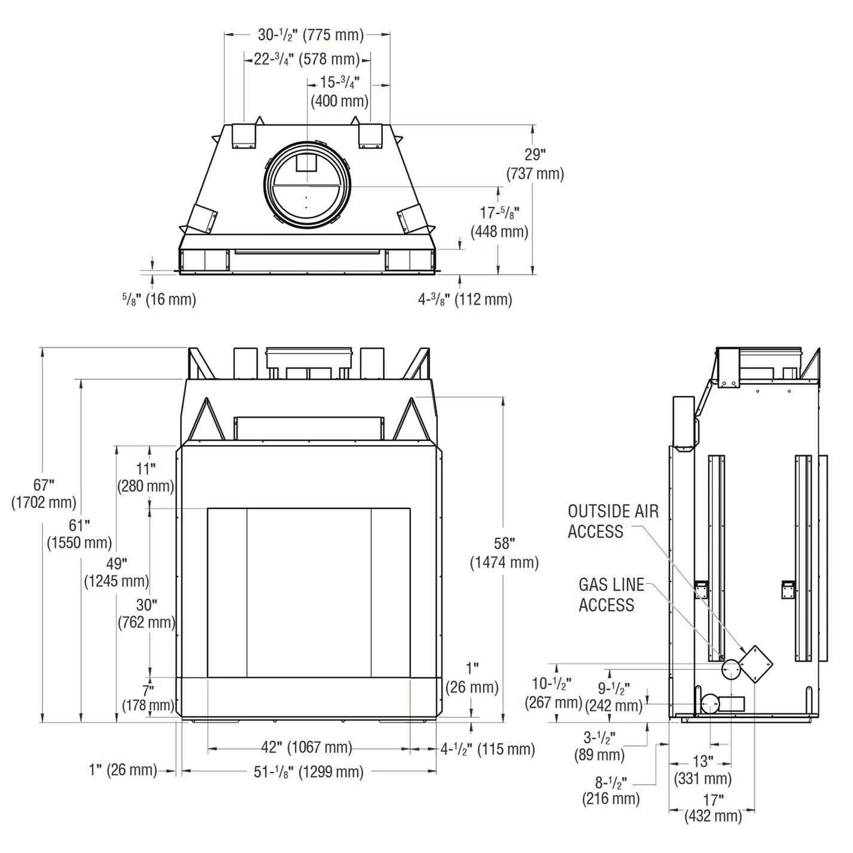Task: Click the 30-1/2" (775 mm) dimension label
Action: point(310,35)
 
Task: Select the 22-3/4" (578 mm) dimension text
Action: point(307,59)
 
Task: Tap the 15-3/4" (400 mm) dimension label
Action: point(339,91)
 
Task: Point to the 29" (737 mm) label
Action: point(535,164)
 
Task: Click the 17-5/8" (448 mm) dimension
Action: point(499,222)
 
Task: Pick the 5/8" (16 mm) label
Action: point(159,299)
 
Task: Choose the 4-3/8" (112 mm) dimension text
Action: point(465,299)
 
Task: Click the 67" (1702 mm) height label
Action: point(43,493)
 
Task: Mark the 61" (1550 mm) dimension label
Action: point(79,534)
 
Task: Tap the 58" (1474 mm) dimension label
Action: point(504,553)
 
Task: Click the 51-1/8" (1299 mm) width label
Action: point(308,772)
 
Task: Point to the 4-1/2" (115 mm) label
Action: point(488,749)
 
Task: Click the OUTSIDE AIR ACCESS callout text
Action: point(613,521)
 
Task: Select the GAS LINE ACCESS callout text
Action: point(611,595)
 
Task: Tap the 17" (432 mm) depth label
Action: point(713,808)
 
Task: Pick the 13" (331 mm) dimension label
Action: point(703,770)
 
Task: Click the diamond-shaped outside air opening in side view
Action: point(756,663)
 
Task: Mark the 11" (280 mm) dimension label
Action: point(145,477)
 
